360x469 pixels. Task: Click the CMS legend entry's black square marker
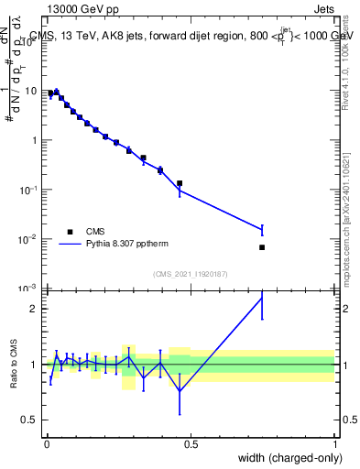point(70,231)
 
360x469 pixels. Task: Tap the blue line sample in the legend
point(71,245)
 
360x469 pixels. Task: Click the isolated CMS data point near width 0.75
point(263,247)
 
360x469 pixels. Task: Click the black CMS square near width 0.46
point(180,183)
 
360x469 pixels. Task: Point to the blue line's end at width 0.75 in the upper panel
point(263,229)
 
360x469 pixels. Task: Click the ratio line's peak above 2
point(263,298)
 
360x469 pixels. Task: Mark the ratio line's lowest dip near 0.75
point(180,390)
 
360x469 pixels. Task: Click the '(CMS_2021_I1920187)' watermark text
point(191,274)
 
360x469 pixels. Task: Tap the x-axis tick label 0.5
point(191,444)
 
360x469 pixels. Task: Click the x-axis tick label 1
point(335,444)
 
